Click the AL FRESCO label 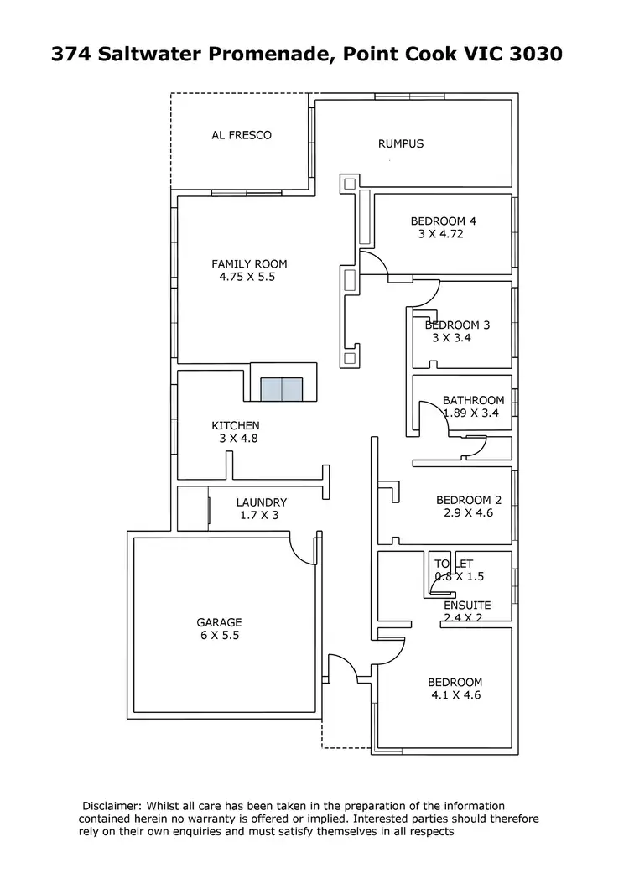click(241, 135)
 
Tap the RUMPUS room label click(401, 143)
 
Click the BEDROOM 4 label click(443, 221)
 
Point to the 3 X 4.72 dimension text click(440, 235)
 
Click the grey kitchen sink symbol click(280, 390)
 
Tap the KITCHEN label click(235, 426)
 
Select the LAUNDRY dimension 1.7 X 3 click(259, 516)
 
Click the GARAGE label click(219, 622)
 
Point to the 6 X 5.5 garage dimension click(219, 636)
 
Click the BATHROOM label click(473, 401)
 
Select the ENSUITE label click(467, 606)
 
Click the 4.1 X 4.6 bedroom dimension click(455, 695)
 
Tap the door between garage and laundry click(302, 549)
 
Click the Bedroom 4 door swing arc click(374, 263)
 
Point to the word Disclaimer click(113, 805)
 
